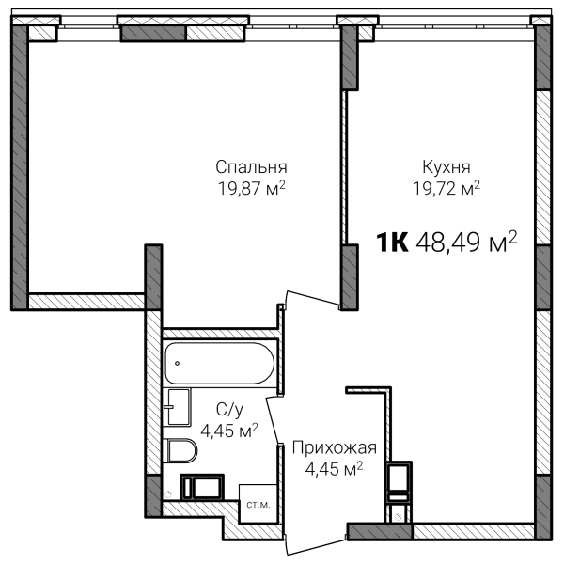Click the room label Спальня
[x=251, y=167]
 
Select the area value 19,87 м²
[x=251, y=188]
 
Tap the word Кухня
[x=446, y=167]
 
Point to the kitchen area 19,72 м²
[x=446, y=188]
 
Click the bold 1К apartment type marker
[x=392, y=243]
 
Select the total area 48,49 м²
[x=466, y=242]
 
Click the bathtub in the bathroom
[x=220, y=363]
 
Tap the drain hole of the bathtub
[x=177, y=363]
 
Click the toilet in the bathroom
[x=180, y=450]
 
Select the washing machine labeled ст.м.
[x=258, y=504]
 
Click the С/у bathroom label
[x=229, y=410]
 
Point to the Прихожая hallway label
[x=334, y=448]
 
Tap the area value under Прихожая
[x=334, y=469]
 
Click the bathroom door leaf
[x=273, y=421]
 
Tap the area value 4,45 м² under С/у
[x=229, y=431]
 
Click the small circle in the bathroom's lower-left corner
[x=167, y=494]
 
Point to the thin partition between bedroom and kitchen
[x=345, y=167]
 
